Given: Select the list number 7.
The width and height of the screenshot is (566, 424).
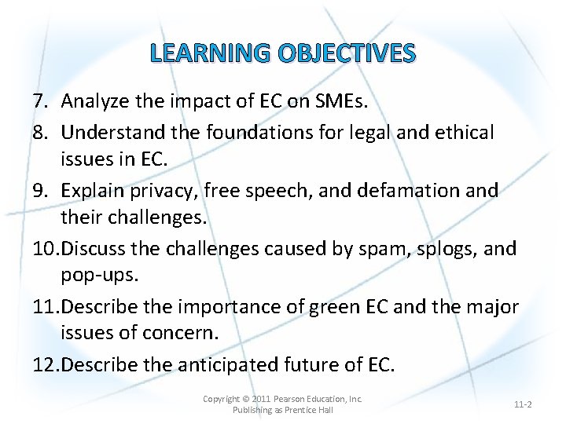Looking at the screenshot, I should click(x=39, y=101).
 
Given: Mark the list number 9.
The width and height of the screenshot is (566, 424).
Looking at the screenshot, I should click(x=39, y=191).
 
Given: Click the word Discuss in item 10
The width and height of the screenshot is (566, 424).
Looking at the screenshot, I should click(x=93, y=249).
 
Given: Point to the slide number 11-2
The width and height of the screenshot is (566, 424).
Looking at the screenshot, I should click(x=523, y=404).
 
